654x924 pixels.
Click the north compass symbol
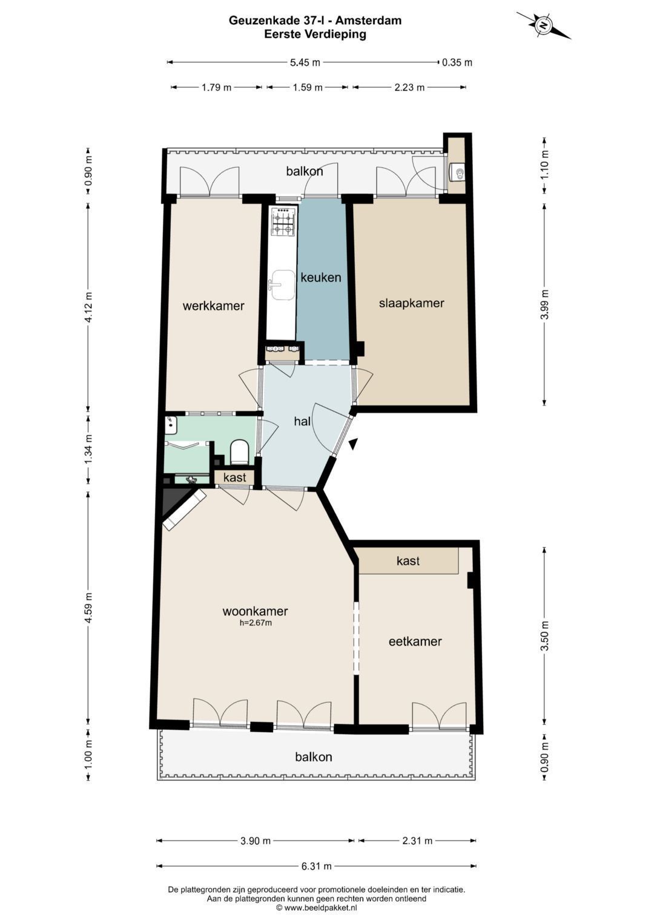click(544, 25)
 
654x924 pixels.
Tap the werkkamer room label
click(213, 306)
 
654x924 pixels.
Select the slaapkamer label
click(411, 303)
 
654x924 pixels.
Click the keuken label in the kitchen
click(321, 277)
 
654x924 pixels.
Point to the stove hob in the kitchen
click(283, 222)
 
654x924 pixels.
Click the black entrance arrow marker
click(352, 444)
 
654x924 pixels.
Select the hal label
click(302, 421)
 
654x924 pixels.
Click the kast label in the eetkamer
click(408, 560)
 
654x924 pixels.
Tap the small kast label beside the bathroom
click(234, 477)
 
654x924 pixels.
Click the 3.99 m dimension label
click(546, 304)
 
